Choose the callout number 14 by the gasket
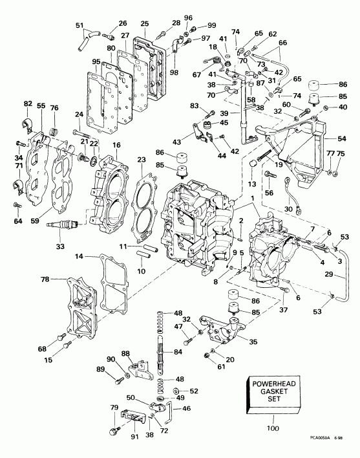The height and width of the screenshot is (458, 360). pyautogui.click(x=79, y=257)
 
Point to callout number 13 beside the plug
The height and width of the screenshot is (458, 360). pyautogui.click(x=251, y=184)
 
